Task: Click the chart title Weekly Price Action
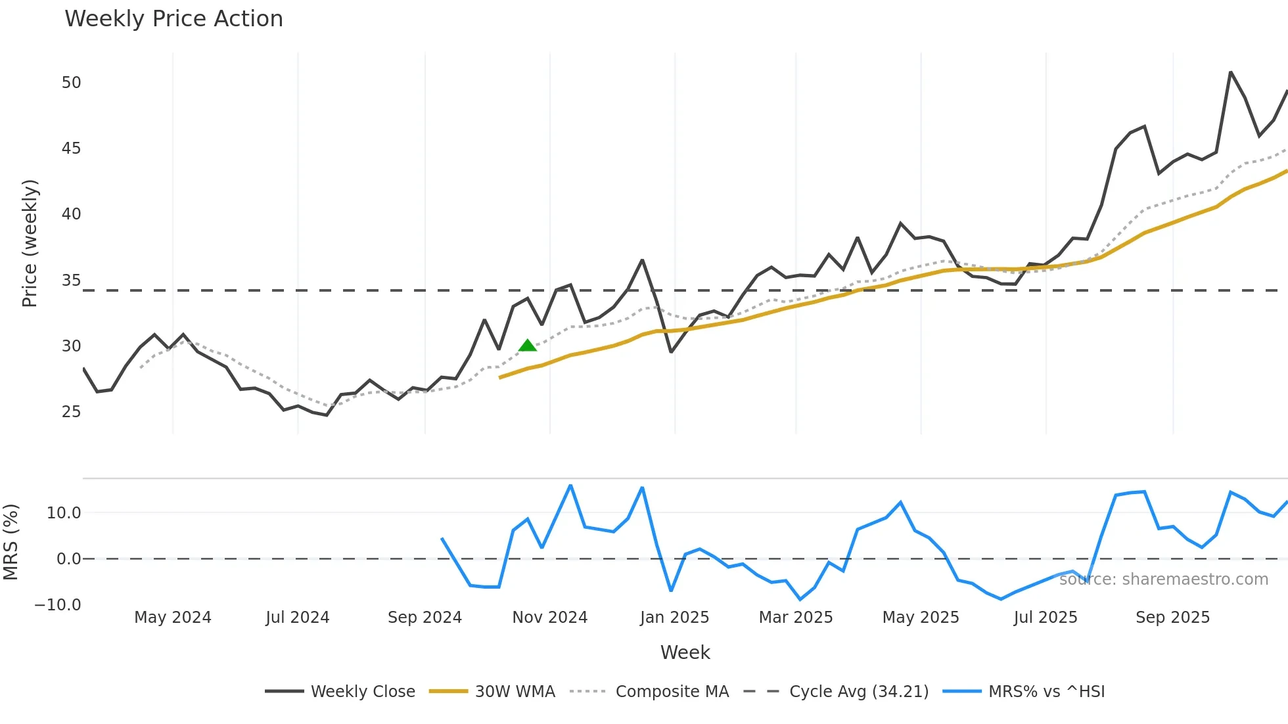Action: tap(173, 19)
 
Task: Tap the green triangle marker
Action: tap(528, 346)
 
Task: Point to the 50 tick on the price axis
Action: tap(71, 83)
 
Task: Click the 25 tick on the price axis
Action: tap(71, 412)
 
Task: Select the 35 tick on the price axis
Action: tap(71, 281)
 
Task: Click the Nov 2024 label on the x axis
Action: tap(549, 618)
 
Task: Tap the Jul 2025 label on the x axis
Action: tap(1045, 618)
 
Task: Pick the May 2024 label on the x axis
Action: tap(172, 618)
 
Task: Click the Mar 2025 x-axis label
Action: tap(795, 618)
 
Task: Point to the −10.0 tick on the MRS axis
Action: tap(58, 605)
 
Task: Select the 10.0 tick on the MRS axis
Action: tap(63, 513)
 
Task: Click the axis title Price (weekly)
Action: tap(30, 243)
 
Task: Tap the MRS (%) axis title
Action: tap(11, 542)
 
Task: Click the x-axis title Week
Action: tap(685, 652)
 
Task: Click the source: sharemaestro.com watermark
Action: tap(1163, 579)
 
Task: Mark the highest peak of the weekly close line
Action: tap(1230, 72)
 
